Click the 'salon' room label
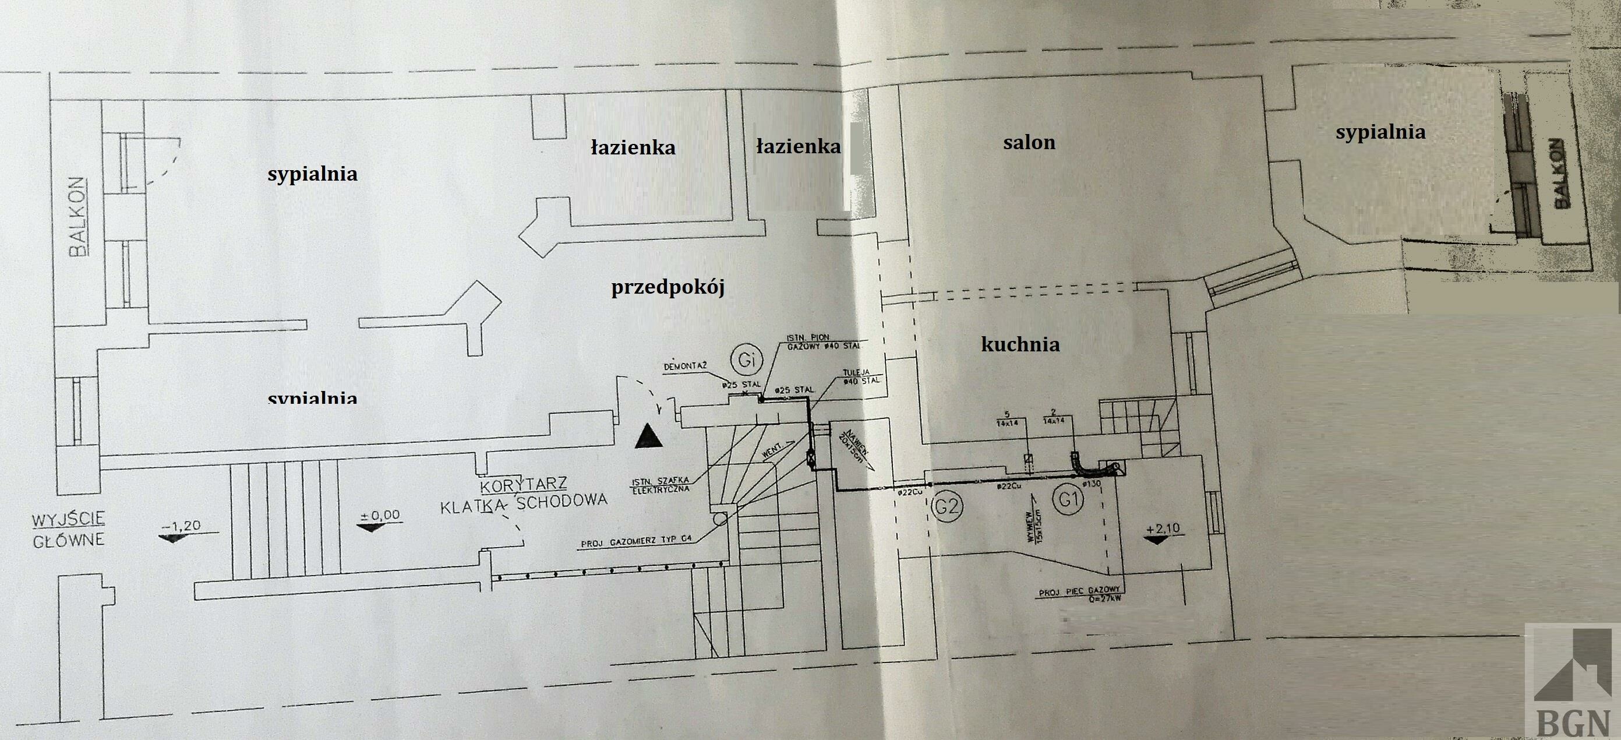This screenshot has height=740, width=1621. coord(1029,143)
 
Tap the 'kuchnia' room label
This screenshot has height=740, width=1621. coord(1020,345)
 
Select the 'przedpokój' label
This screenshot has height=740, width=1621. coord(668,288)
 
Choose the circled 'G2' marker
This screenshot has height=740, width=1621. coord(947,506)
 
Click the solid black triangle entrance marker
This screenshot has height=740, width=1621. coord(649,436)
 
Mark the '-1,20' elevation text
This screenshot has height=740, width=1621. coord(182,526)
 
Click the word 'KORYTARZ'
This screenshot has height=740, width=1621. coord(523,485)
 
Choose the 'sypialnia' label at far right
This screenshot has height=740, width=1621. coord(1380,132)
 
